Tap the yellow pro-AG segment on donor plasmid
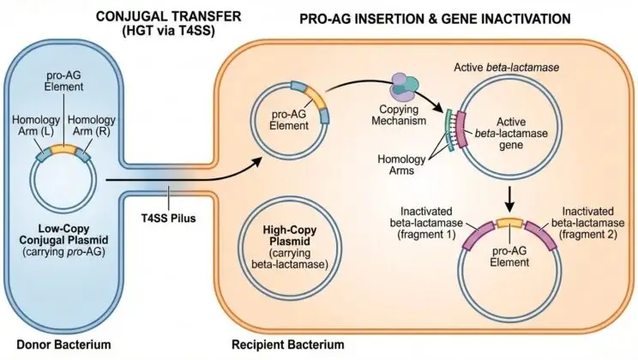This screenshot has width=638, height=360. (x=64, y=149)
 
